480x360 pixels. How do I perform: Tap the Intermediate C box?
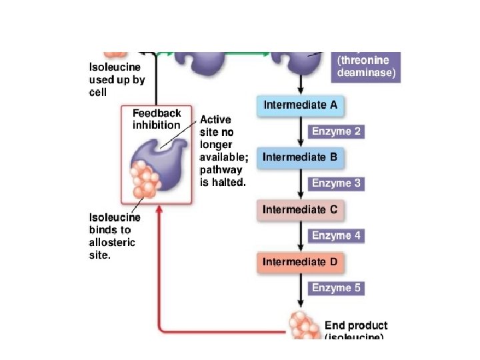point(300,209)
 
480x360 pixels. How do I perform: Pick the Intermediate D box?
point(300,262)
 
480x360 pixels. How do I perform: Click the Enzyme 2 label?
point(337,131)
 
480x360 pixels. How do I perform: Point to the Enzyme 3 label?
point(337,183)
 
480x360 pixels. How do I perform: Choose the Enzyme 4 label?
point(337,235)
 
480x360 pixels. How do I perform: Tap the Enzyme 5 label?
point(337,288)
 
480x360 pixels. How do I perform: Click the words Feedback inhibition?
point(156,119)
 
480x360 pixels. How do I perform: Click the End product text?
point(355,326)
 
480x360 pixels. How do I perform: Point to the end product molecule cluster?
point(304,325)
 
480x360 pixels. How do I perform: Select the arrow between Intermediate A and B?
point(301,131)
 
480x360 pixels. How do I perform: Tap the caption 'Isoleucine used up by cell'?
point(117,79)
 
